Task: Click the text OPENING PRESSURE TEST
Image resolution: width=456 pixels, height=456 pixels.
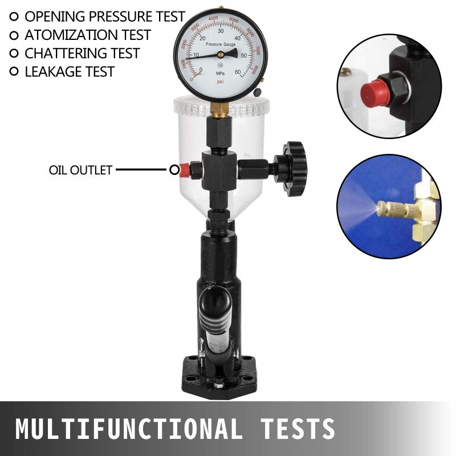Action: [104, 17]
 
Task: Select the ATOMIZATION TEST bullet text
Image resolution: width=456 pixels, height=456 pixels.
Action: [87, 35]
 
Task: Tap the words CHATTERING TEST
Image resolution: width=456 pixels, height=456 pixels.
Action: [82, 53]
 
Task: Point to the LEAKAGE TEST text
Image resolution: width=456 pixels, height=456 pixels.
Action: [69, 71]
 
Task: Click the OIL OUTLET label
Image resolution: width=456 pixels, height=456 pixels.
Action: [80, 170]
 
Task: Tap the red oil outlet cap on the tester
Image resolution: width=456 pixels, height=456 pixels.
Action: [184, 169]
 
